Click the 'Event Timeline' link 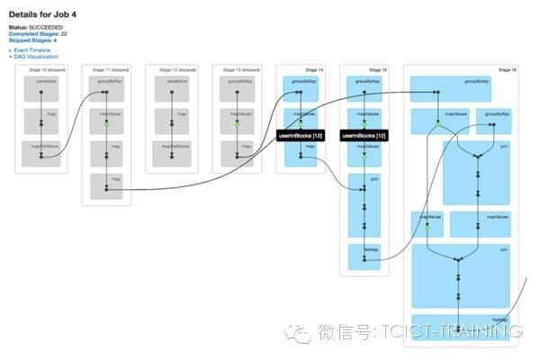[32, 50]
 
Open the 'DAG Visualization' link [37, 56]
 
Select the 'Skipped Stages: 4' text [34, 40]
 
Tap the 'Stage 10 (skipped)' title [40, 69]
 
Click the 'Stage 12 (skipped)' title [171, 69]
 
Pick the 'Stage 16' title [506, 69]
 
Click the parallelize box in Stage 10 [41, 87]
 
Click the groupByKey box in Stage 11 [106, 87]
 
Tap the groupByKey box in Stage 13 [235, 87]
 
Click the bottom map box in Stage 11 [106, 187]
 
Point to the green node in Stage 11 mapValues [106, 123]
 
